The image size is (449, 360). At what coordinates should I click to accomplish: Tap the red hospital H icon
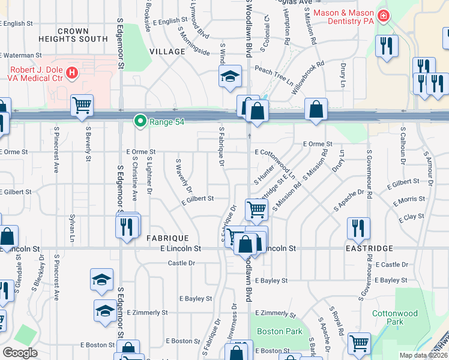72,73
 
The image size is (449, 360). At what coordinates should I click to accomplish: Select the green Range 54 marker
140,122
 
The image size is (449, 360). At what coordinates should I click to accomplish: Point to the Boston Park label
280,331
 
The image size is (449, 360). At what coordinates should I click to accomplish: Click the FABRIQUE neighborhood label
167,238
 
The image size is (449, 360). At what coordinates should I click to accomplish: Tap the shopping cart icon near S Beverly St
82,106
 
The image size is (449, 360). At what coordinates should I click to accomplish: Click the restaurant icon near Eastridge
358,228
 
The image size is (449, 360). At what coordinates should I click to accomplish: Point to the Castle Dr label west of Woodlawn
181,263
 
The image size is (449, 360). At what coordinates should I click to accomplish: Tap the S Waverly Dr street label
183,176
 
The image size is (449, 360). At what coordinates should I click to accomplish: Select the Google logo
20,353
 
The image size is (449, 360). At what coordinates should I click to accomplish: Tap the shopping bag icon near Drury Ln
315,110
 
